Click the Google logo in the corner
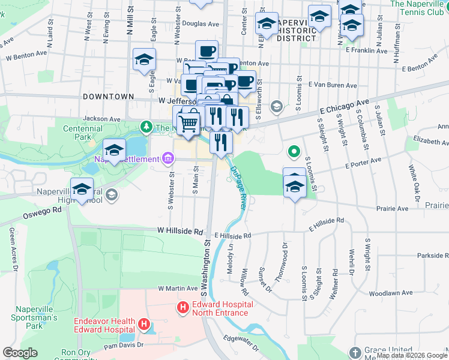20,353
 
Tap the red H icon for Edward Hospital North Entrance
183,308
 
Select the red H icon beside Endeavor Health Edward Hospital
143,325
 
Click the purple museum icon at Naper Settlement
167,158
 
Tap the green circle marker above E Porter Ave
294,152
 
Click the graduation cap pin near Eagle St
144,60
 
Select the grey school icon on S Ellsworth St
276,107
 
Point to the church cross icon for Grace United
355,352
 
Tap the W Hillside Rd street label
180,230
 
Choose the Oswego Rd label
43,211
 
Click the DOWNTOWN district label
109,96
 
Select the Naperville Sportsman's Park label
34,317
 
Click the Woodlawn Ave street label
391,293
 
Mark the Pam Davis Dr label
123,345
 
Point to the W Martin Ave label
178,289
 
